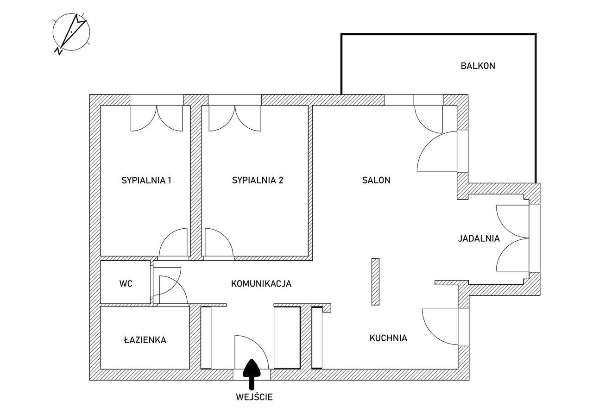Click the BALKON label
[x=478, y=66]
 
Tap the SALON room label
[x=376, y=180]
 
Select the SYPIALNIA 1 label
[x=146, y=180]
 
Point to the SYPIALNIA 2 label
[x=257, y=180]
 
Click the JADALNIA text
[x=479, y=239]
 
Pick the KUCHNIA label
[x=388, y=338]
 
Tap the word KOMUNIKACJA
[x=261, y=284]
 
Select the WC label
[x=126, y=284]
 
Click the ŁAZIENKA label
[x=145, y=340]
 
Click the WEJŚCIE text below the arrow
[x=254, y=397]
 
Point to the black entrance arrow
[x=252, y=373]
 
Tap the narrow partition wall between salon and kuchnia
[x=375, y=281]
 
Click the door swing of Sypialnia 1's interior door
[x=172, y=243]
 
